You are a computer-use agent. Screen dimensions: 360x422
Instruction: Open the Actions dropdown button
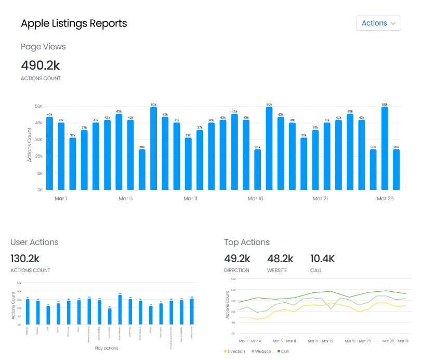click(378, 23)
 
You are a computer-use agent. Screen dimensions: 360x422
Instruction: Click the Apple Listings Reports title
click(74, 23)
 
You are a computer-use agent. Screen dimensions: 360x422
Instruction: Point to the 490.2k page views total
click(41, 65)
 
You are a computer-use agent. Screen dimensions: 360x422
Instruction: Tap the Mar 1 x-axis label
click(61, 199)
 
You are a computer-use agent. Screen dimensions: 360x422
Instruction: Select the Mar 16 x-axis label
click(255, 199)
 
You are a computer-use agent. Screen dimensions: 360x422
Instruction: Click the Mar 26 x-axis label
click(385, 199)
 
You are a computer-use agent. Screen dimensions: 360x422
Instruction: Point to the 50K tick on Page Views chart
click(38, 106)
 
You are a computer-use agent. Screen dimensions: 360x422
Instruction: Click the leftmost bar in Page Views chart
click(49, 153)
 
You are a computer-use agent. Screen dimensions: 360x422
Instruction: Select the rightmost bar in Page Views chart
click(396, 169)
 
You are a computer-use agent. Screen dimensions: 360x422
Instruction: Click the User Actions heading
click(34, 242)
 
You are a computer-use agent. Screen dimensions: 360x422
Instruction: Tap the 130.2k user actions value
click(25, 259)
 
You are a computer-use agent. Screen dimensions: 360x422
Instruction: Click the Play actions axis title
click(106, 348)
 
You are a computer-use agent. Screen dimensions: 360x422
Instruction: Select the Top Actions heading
click(247, 242)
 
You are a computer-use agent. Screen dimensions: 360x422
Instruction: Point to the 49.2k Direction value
click(237, 259)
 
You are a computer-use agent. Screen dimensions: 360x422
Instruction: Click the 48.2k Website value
click(280, 259)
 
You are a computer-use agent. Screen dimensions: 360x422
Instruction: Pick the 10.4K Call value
click(322, 259)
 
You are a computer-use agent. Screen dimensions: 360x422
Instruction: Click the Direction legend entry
click(234, 352)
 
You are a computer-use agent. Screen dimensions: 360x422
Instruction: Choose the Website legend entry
click(261, 352)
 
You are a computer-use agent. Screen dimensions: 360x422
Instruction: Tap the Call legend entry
click(283, 352)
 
